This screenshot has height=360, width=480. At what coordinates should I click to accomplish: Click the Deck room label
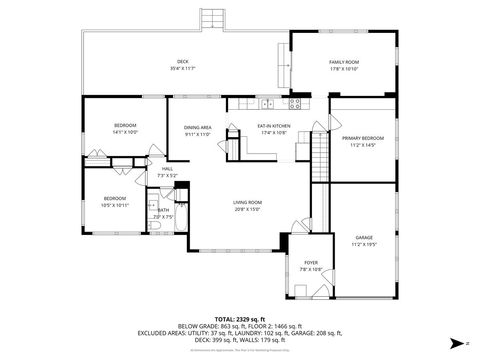tap(183, 62)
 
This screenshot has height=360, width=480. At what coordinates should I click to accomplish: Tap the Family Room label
tap(344, 62)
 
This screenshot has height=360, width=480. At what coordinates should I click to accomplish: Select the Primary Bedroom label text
tap(363, 138)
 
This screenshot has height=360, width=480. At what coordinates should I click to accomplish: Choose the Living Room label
tap(247, 203)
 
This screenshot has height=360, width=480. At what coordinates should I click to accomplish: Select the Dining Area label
tap(197, 127)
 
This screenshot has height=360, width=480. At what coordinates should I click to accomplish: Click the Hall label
tap(167, 168)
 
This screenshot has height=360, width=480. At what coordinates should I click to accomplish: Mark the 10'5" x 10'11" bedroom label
tap(115, 198)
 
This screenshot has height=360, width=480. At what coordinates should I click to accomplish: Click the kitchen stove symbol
tap(295, 102)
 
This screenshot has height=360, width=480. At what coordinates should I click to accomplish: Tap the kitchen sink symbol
tap(267, 102)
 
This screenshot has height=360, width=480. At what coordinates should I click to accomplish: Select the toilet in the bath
tap(157, 228)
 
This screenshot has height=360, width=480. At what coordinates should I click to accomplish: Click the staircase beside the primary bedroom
tap(321, 155)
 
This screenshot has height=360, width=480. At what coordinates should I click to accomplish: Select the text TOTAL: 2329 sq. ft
tap(240, 316)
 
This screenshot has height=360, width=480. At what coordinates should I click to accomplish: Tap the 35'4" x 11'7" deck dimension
tap(183, 69)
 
